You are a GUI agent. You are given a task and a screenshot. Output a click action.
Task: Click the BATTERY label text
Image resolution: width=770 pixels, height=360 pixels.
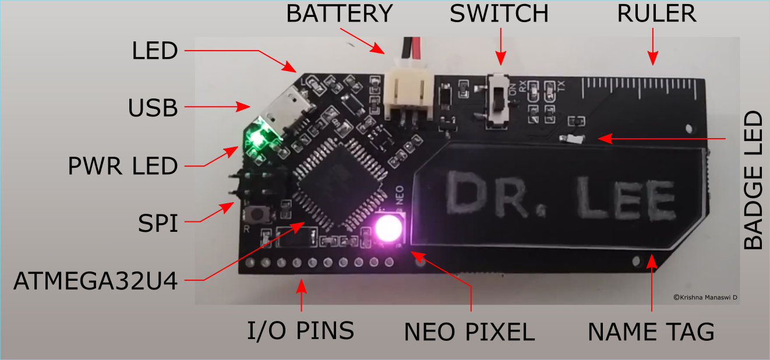tap(340, 13)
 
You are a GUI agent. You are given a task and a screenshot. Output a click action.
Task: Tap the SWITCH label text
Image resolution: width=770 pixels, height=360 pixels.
tap(499, 13)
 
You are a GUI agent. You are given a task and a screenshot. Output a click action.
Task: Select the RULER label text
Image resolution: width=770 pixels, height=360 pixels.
tap(657, 13)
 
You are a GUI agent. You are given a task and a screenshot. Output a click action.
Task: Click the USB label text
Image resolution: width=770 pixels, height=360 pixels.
tap(153, 108)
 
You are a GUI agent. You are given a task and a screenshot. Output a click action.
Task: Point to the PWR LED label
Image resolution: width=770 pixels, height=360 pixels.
tap(122, 167)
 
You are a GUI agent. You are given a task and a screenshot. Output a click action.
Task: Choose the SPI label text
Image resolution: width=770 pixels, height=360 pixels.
tap(158, 223)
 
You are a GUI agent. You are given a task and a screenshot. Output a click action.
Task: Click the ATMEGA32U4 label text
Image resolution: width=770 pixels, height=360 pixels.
tap(96, 281)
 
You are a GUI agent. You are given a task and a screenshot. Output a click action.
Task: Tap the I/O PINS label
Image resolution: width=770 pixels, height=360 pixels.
tap(301, 331)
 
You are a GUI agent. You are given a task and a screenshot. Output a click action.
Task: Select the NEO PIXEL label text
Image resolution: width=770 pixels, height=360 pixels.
tap(469, 332)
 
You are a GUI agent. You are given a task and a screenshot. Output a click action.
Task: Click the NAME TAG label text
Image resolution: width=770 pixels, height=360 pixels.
tap(651, 332)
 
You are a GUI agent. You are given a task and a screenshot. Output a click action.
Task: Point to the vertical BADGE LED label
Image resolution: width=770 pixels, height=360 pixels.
tap(754, 181)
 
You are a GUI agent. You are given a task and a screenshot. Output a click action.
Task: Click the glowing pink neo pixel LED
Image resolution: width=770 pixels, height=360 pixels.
tap(387, 228)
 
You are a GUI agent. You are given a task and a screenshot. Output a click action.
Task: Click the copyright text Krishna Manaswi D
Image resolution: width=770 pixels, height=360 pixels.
tap(705, 297)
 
